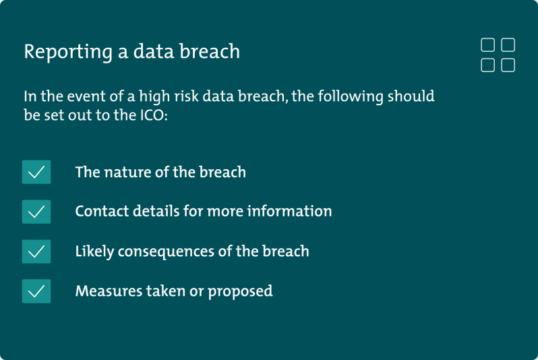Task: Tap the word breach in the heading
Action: [x=213, y=51]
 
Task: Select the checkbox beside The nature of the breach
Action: [x=36, y=172]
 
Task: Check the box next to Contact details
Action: [x=36, y=211]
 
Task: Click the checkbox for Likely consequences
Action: [x=36, y=251]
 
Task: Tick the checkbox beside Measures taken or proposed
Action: [x=36, y=291]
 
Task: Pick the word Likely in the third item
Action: [x=94, y=251]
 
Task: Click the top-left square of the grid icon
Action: [x=487, y=45]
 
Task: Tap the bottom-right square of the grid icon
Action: [x=508, y=65]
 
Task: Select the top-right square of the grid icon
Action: [x=508, y=45]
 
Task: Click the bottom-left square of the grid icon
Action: [x=487, y=65]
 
